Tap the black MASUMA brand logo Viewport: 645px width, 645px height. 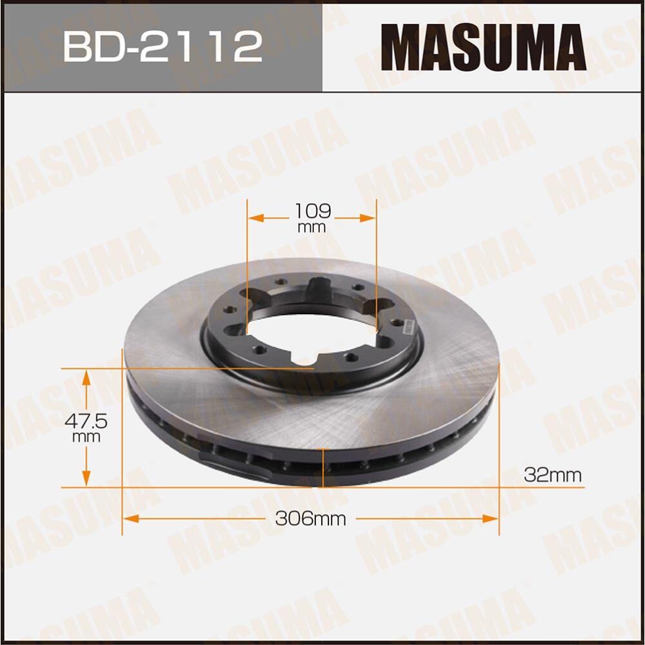pos(483,46)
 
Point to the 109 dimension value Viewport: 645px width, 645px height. pos(312,211)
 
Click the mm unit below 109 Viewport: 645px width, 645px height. pos(312,227)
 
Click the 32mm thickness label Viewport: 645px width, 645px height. pos(552,476)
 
